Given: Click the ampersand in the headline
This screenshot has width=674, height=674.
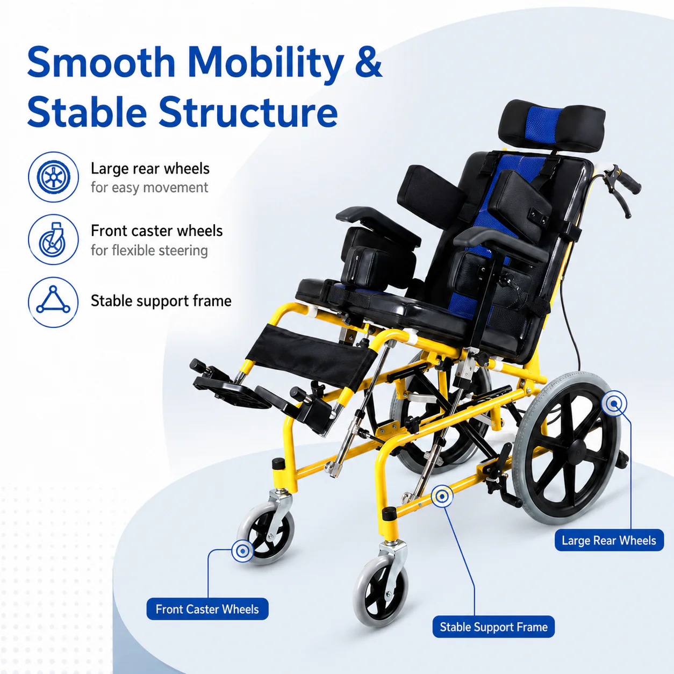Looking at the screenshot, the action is pos(369,63).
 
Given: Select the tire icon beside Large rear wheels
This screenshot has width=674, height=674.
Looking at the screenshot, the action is pos(53,177).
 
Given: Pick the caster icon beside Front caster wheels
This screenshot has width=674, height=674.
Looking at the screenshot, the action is pos(53,240).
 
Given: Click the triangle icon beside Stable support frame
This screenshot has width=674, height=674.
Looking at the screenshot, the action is pos(53,302).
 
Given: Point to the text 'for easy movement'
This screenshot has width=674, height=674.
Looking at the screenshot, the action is pos(149,188).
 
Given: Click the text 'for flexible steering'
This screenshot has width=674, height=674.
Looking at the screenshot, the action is pos(149,250).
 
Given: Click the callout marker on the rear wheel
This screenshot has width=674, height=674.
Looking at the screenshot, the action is pos(614,404).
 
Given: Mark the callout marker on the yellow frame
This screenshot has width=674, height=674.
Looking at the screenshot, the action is pos(442,496).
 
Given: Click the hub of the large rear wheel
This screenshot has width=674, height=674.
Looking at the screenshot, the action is pos(578,449).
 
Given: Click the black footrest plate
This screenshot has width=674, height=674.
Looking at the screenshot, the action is pos(233,393).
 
